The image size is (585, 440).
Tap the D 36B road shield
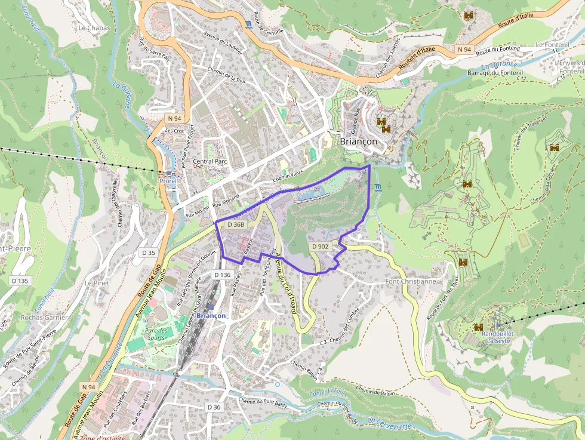point(236,224)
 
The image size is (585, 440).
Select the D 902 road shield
point(319,246)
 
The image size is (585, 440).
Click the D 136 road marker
point(221,275)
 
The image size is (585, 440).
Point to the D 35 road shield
point(148,253)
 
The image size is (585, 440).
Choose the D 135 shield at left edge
point(20,281)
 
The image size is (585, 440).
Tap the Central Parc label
point(210,161)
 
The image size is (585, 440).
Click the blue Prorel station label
point(167,181)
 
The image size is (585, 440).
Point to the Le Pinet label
point(96,282)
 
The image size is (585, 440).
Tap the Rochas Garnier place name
point(44,318)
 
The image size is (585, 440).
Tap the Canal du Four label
point(328,393)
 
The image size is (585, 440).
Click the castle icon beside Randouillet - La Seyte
point(478,327)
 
